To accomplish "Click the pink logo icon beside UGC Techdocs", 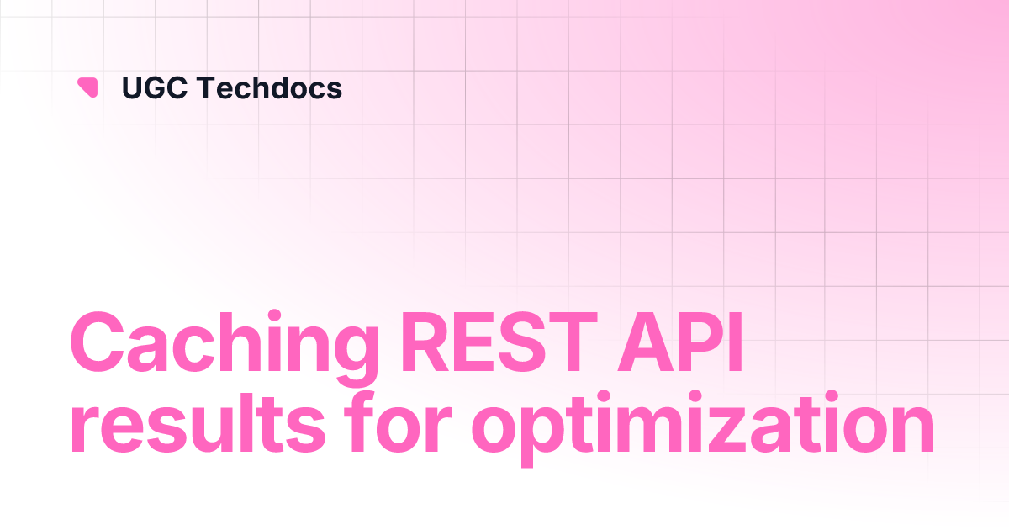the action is (87, 87).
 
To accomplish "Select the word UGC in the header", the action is (155, 87).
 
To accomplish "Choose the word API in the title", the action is (679, 342).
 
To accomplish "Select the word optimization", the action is (703, 428).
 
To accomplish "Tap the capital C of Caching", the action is (98, 342).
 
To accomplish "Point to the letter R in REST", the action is (426, 342).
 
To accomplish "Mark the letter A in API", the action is (647, 342).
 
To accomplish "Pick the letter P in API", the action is (704, 342).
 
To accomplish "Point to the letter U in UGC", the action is (132, 87).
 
